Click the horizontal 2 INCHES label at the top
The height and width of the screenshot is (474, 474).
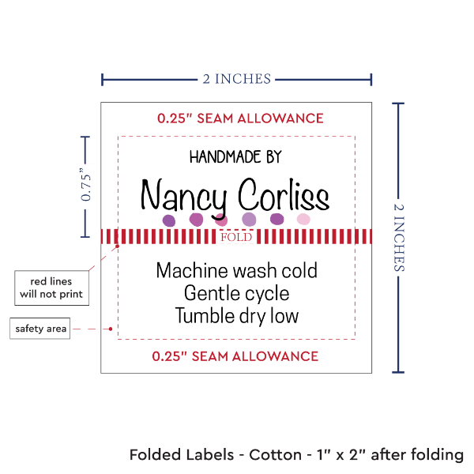pos(236,78)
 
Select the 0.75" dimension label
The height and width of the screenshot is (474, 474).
pos(86,186)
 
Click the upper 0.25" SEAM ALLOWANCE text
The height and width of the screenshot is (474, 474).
pos(240,118)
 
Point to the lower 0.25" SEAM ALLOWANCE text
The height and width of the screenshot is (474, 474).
pos(236,356)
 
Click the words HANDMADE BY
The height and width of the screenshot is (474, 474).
pos(235,157)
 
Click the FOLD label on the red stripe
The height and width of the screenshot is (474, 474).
pos(236,237)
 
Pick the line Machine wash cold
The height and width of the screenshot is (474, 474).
pos(236,271)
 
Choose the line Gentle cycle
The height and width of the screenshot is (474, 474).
pos(236,294)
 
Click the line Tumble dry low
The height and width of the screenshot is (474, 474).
pos(236,316)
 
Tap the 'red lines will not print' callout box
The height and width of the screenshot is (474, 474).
pos(51,288)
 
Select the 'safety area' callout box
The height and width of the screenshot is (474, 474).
pos(39,329)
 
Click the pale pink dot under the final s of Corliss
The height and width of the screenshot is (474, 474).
pos(303,219)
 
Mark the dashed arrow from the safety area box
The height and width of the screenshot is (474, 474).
pos(93,329)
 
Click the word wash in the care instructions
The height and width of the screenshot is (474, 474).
pos(243,271)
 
